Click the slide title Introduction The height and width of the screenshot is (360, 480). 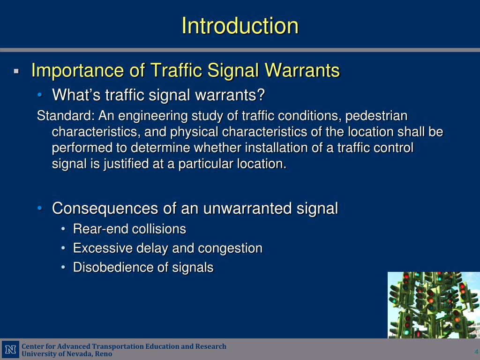point(240,26)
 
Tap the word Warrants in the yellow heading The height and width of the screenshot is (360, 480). point(302,70)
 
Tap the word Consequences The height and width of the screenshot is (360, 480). point(105,209)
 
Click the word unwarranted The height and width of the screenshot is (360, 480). point(247,209)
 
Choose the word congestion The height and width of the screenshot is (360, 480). point(230,249)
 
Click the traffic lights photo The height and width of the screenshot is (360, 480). point(434,305)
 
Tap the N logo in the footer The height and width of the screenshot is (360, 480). point(11,349)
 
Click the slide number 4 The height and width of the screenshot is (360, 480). point(476,352)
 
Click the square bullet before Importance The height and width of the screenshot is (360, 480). point(16,72)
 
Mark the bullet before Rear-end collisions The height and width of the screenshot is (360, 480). point(63,229)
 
